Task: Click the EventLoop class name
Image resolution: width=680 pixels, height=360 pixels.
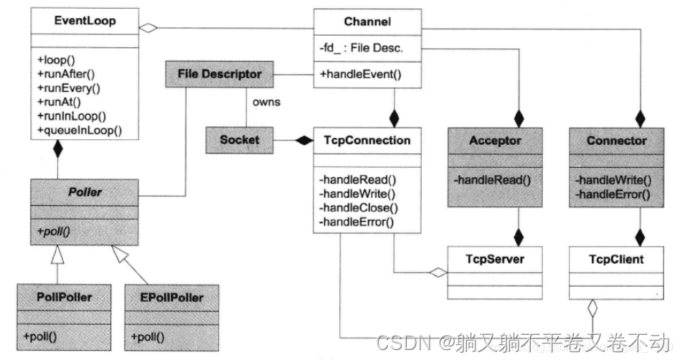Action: [77, 22]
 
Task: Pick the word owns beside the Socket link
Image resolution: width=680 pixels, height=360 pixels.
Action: [265, 102]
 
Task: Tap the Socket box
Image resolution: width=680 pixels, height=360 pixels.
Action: [240, 140]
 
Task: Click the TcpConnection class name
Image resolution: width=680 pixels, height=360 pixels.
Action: [367, 140]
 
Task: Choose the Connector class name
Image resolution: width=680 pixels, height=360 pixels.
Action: [616, 140]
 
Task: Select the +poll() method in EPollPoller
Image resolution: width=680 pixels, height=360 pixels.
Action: [148, 336]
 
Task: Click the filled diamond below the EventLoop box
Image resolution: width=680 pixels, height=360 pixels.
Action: [57, 150]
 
